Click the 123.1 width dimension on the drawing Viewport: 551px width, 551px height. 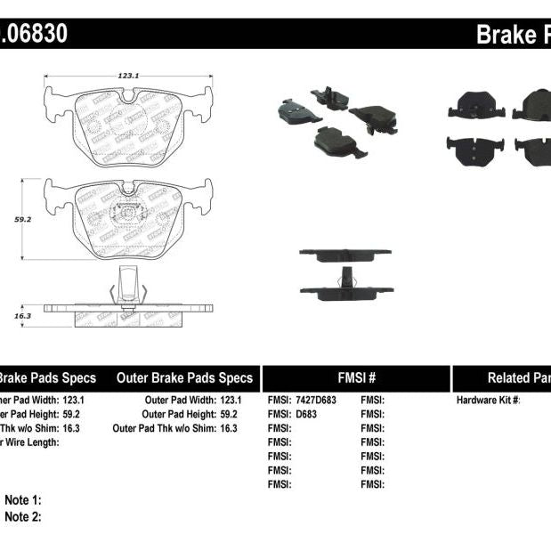tap(128, 77)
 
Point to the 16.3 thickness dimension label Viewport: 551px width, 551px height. tap(23, 315)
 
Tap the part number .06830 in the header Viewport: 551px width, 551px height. tap(34, 35)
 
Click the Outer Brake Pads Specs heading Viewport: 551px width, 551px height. tap(184, 377)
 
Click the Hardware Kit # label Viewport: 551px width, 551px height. tap(489, 401)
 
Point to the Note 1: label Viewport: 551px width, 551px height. tap(23, 501)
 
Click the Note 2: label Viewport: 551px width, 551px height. tap(23, 516)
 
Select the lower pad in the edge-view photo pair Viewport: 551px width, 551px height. tap(344, 290)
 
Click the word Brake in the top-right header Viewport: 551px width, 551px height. tap(503, 35)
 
